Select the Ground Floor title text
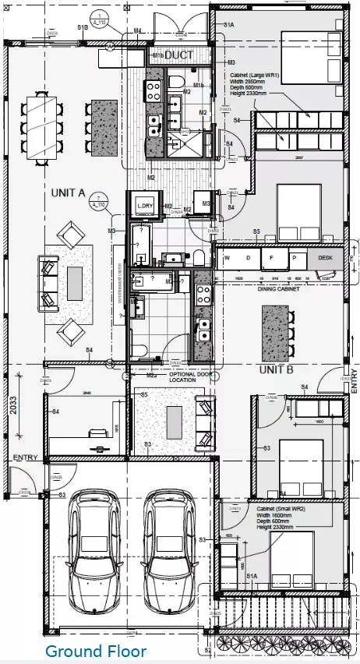(x=94, y=651)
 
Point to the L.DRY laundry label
(x=145, y=205)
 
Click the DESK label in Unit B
(x=326, y=258)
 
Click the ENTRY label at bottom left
(x=25, y=458)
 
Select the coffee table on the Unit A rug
(x=75, y=278)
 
